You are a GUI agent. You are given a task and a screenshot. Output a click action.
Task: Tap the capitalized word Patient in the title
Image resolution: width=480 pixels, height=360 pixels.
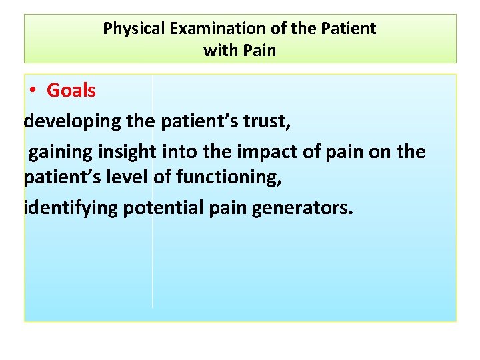[x=351, y=29]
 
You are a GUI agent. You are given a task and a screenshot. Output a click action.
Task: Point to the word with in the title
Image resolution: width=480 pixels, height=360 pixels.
[x=219, y=51]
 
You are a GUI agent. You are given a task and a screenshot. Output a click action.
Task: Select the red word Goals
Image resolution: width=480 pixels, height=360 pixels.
[x=71, y=91]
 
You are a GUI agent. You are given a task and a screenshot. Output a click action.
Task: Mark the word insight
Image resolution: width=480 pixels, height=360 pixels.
[x=127, y=152]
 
